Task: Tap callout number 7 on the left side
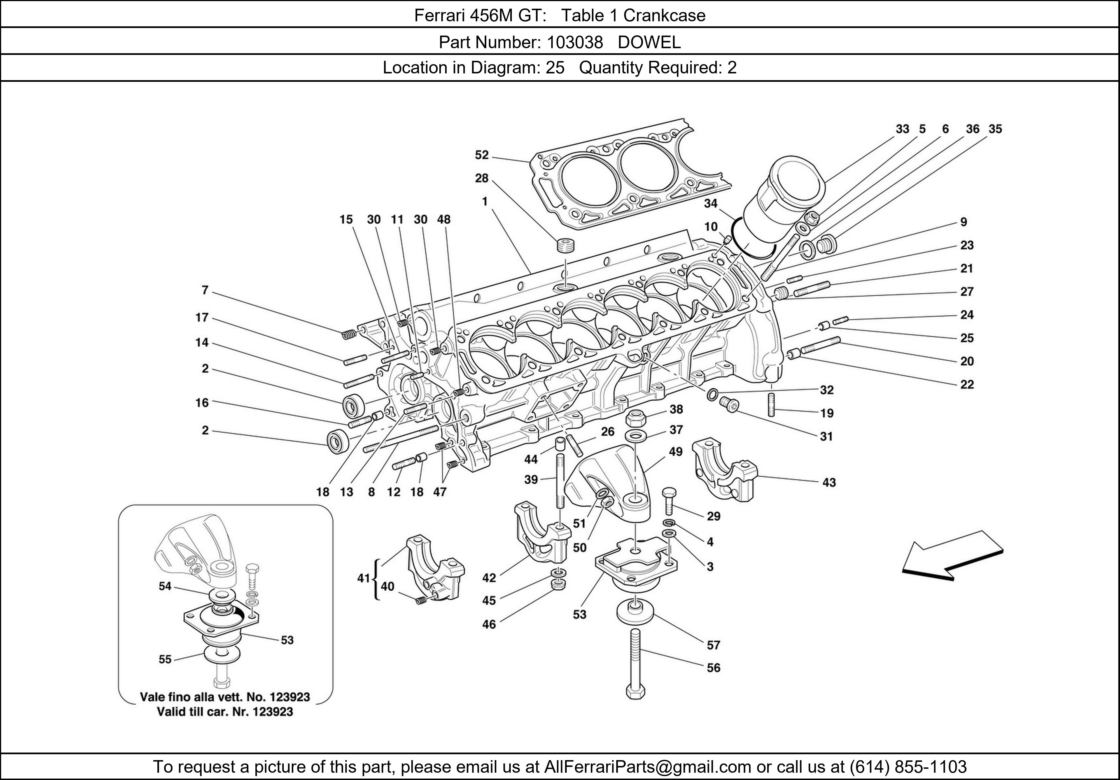[x=205, y=291]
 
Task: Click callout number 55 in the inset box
[x=165, y=660]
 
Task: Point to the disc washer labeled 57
[x=635, y=612]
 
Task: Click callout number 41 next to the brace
[x=363, y=578]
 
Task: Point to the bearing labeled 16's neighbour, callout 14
[x=202, y=343]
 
